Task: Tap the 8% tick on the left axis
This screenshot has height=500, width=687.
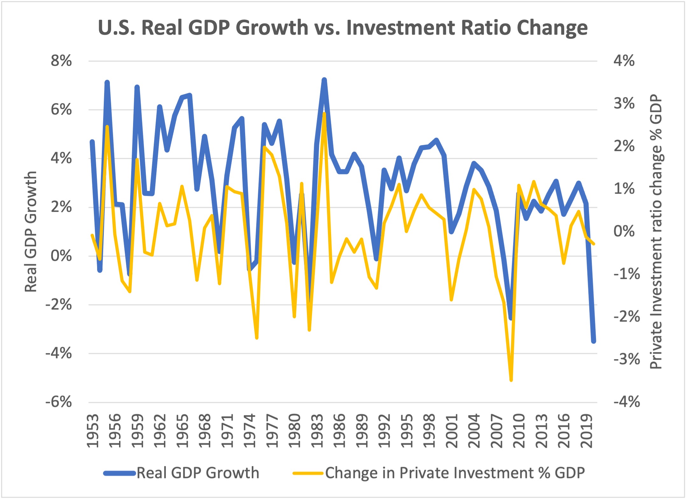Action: [61, 60]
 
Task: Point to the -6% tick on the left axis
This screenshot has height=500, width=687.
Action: [59, 402]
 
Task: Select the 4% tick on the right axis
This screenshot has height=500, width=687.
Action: [624, 60]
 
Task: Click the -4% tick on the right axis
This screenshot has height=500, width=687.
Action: [627, 402]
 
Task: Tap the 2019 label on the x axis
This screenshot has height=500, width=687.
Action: [586, 431]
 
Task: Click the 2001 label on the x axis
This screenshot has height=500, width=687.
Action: [451, 431]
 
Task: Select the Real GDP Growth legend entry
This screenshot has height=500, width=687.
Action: [181, 473]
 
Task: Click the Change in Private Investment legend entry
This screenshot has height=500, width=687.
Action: [439, 473]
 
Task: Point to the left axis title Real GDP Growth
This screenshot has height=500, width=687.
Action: [31, 232]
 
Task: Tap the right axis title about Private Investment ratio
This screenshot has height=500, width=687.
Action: [656, 232]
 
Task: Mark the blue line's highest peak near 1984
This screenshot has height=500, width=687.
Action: [324, 80]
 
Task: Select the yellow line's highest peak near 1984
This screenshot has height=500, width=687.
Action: [324, 114]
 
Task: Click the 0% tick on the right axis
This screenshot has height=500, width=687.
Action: [624, 231]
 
